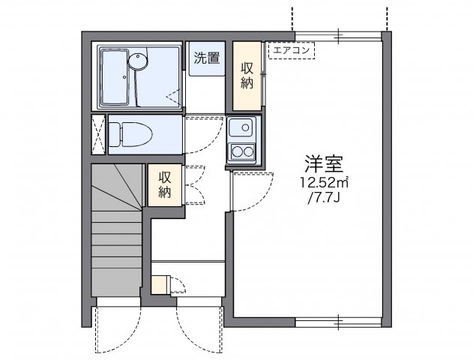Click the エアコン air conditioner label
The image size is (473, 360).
coord(292,50)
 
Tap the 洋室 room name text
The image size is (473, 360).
coord(324,163)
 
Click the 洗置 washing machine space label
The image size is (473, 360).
coord(207,58)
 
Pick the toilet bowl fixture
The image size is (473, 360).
coord(130,134)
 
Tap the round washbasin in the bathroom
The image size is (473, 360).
coord(138,61)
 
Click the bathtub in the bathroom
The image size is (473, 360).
coord(115,77)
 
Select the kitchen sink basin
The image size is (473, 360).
coord(241,127)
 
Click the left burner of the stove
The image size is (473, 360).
coord(237,151)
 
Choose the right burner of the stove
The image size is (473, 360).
coord(249,151)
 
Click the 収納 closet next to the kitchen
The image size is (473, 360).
coord(247,76)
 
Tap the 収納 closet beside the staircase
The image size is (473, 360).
coord(165,184)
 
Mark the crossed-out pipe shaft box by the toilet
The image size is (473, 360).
coord(98,134)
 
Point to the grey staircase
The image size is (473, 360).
coord(117,230)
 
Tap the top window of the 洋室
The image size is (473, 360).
coord(338,36)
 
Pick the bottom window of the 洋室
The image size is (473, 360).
coord(338,322)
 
